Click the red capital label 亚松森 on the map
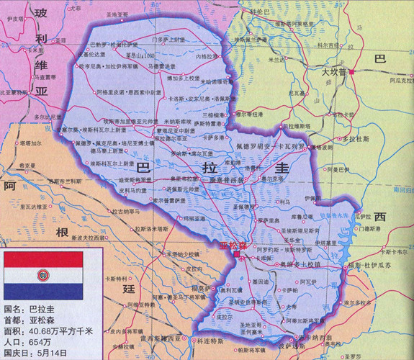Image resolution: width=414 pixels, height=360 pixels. point(233,246)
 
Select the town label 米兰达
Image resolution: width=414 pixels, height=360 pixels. point(276,61)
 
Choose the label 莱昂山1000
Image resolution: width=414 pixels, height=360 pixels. point(140,55)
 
